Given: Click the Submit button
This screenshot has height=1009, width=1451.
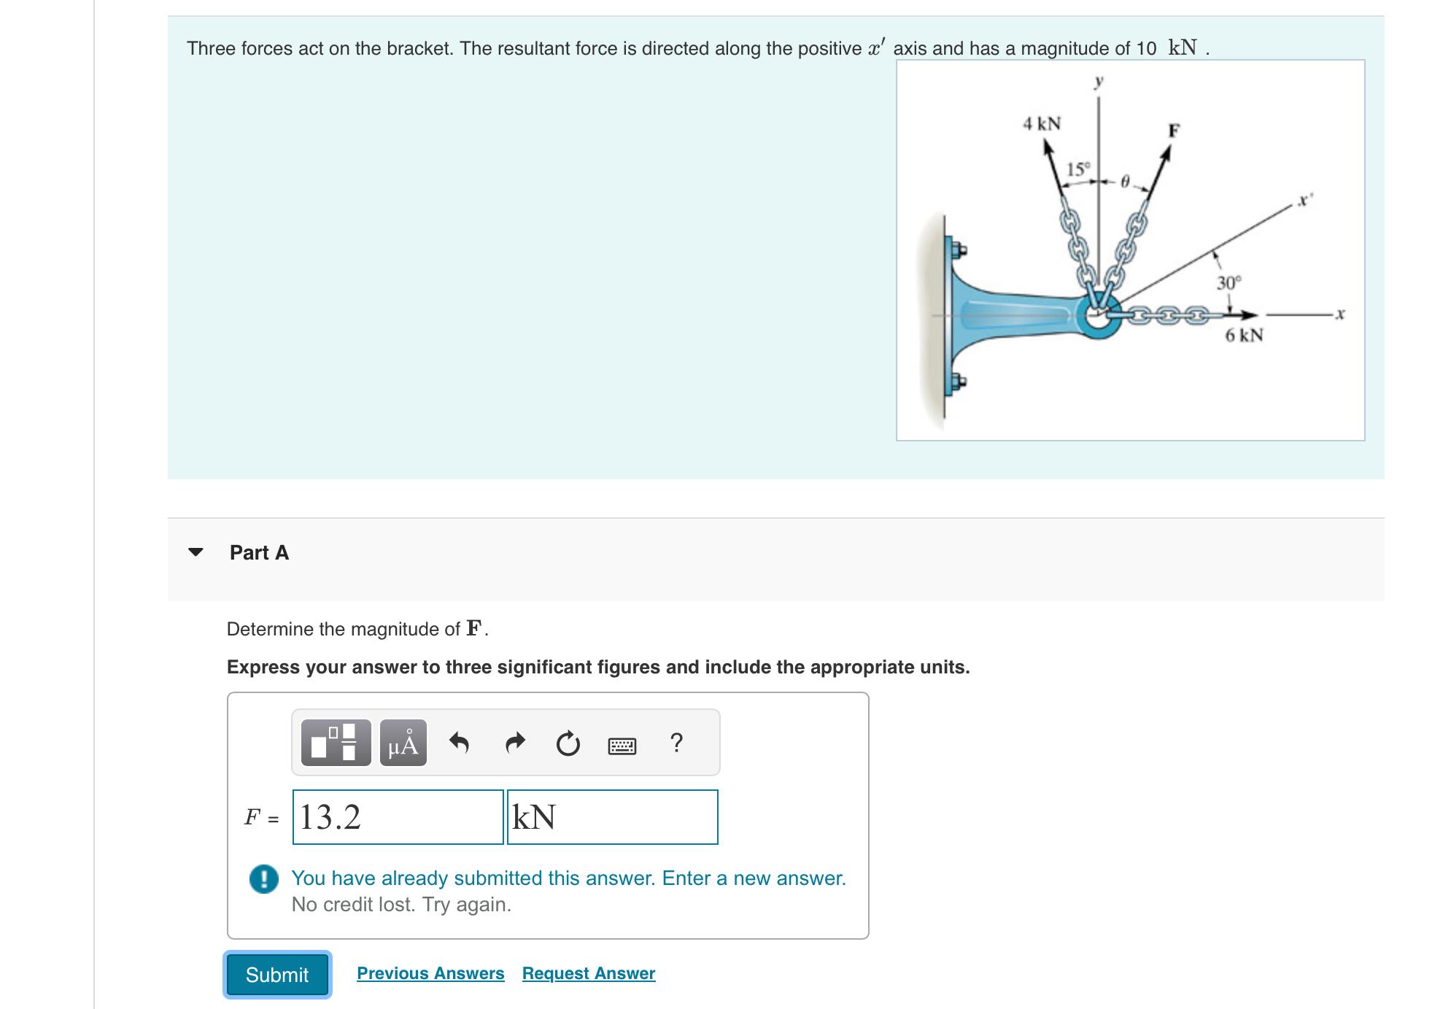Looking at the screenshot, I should pyautogui.click(x=276, y=975).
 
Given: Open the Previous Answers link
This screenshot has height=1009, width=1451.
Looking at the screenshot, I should pyautogui.click(x=430, y=973).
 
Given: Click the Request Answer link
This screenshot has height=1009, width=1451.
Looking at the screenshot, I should pyautogui.click(x=588, y=973).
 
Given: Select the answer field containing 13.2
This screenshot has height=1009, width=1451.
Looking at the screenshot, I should pyautogui.click(x=398, y=817).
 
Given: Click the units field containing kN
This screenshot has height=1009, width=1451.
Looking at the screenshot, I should pyautogui.click(x=612, y=817).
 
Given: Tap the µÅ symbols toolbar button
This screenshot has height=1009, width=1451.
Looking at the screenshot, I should pyautogui.click(x=403, y=743).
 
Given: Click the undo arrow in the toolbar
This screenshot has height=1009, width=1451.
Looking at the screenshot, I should pyautogui.click(x=459, y=743).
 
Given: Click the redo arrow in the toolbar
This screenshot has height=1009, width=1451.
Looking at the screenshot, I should pyautogui.click(x=514, y=743).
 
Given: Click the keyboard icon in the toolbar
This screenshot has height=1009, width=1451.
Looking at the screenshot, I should pyautogui.click(x=622, y=746).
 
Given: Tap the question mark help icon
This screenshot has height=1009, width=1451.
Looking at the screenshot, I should pyautogui.click(x=676, y=743).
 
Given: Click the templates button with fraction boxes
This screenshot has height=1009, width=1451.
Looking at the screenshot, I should pyautogui.click(x=336, y=743).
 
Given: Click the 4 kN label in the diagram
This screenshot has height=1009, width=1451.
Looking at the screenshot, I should pyautogui.click(x=1041, y=123).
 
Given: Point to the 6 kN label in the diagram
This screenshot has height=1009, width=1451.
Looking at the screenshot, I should pyautogui.click(x=1243, y=336).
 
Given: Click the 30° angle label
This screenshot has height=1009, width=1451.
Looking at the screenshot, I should pyautogui.click(x=1228, y=282).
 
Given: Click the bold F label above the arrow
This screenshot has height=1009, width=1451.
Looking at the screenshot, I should pyautogui.click(x=1173, y=131).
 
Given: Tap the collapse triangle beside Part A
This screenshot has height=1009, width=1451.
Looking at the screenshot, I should pyautogui.click(x=195, y=552).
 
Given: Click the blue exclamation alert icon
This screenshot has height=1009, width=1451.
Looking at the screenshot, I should pyautogui.click(x=263, y=878).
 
